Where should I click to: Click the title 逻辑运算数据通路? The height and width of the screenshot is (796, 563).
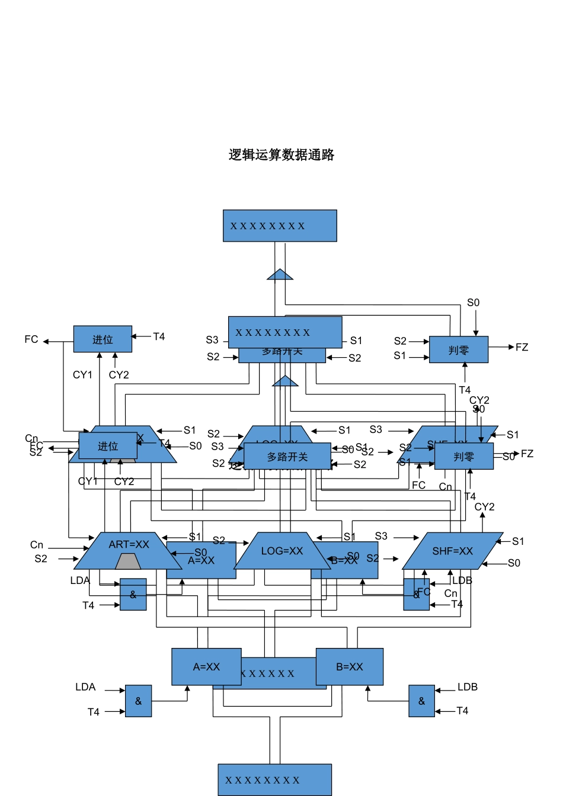coord(281,155)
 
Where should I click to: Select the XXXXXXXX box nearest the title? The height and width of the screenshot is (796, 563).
coord(280,226)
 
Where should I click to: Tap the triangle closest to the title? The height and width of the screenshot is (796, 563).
coord(280,275)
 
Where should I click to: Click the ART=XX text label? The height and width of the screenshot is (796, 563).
coord(129,544)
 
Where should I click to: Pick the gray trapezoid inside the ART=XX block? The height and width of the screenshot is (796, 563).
coord(128,561)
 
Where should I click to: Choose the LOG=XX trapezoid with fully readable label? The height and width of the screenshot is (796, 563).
coord(282,551)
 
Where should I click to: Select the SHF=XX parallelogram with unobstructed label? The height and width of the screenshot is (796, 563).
coord(453,551)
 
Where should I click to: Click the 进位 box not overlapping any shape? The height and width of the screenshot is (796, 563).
coord(103,339)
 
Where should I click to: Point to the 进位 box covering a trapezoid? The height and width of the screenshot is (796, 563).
coord(108,446)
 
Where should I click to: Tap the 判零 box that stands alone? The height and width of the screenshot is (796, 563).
coord(458,350)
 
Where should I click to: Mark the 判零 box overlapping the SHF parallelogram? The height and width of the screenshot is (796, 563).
coord(463,457)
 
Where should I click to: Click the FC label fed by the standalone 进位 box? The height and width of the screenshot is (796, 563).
coord(31,339)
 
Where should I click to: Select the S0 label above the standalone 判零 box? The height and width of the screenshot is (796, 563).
coord(473,303)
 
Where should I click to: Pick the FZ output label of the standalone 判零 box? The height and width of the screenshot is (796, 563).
coord(522,347)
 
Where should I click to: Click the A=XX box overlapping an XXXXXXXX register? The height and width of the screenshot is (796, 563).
coord(206,667)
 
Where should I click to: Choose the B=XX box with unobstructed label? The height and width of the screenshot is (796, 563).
coord(349,667)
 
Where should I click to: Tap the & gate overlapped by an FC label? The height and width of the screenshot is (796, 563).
coord(416,595)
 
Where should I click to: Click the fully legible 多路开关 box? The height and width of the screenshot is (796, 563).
coord(287,457)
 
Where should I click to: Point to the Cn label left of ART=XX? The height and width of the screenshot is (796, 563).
coord(37,545)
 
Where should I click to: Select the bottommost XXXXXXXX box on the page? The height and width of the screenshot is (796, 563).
coord(274,780)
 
